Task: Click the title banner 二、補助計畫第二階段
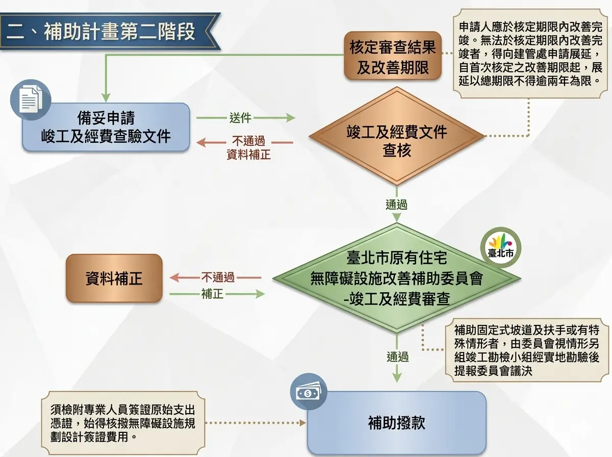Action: [x=110, y=31]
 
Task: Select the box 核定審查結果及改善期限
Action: [x=393, y=56]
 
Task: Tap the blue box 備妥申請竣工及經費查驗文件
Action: [x=106, y=127]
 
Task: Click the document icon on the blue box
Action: [x=31, y=99]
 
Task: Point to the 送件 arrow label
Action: [x=240, y=118]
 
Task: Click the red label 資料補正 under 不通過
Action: [x=249, y=155]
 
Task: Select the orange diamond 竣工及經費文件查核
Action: [x=397, y=136]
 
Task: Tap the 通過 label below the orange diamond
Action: [x=396, y=205]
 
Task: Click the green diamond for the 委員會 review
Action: [x=397, y=278]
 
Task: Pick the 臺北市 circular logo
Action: [x=501, y=247]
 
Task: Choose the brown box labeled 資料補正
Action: [x=114, y=278]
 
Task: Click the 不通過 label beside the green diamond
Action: [x=218, y=277]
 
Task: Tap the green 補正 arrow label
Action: [x=213, y=294]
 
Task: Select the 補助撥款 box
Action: [x=397, y=423]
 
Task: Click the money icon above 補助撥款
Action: [x=309, y=392]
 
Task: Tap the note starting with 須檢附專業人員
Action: [x=123, y=423]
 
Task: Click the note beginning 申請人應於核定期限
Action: [x=530, y=54]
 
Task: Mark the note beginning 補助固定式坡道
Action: [x=527, y=350]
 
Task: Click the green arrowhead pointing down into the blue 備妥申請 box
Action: [x=106, y=98]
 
